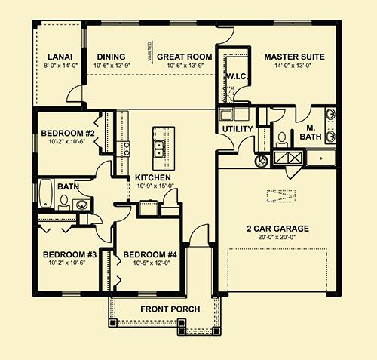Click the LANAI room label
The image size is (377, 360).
coord(59,57)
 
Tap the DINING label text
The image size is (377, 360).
coord(111,57)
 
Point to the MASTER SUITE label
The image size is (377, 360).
coord(295,57)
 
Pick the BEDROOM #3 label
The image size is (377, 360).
coord(67,254)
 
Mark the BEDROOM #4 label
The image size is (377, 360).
coord(150,254)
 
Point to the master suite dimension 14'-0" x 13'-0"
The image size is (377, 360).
coord(295,66)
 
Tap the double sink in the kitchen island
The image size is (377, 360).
coord(160,146)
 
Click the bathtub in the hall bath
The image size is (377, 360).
coord(45,194)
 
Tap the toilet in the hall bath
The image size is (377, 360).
coord(65,202)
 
